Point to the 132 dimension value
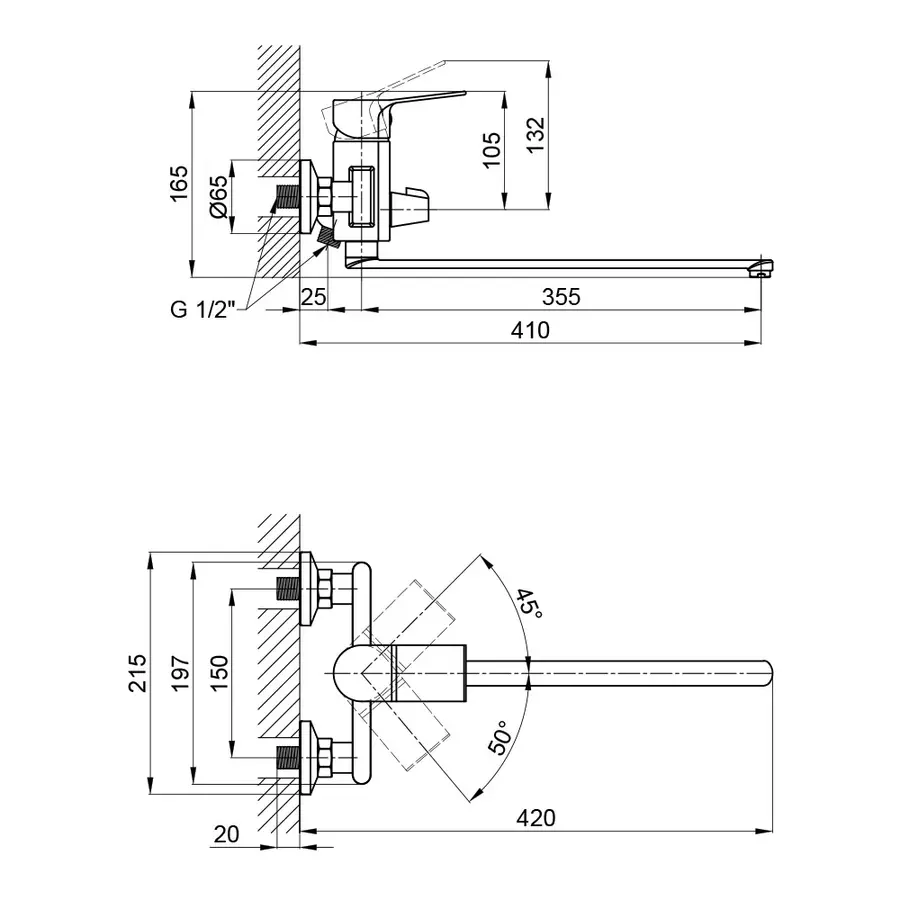pos(536,134)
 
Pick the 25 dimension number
pos(314,297)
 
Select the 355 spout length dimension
pos(560,297)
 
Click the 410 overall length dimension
pos(530,330)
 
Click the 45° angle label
pos(527,603)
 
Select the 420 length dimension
pos(536,818)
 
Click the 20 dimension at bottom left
pos(226,832)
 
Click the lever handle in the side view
pos(420,100)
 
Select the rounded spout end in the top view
pos(765,672)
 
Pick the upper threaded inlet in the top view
pos(288,589)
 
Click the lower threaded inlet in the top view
pos(288,757)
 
